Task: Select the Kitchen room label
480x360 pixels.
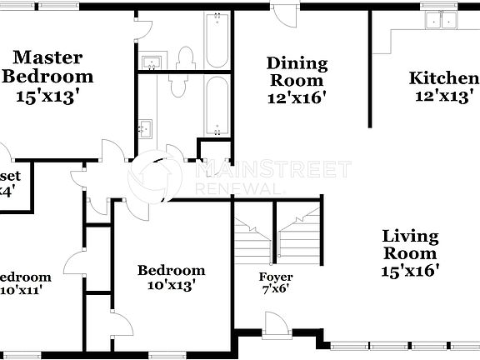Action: pyautogui.click(x=442, y=79)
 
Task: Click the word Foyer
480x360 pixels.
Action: pyautogui.click(x=275, y=277)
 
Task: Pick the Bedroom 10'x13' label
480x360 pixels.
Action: pyautogui.click(x=171, y=270)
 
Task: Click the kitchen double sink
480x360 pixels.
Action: pyautogui.click(x=442, y=21)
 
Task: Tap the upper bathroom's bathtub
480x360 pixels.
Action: pyautogui.click(x=217, y=40)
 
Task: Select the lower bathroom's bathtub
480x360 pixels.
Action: pyautogui.click(x=217, y=106)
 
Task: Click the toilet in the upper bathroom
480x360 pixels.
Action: pyautogui.click(x=186, y=57)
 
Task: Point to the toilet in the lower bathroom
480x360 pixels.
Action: pyautogui.click(x=178, y=84)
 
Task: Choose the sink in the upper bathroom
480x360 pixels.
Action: pyautogui.click(x=152, y=63)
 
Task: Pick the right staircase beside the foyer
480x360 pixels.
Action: pyautogui.click(x=299, y=234)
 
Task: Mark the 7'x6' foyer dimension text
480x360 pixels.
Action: pyautogui.click(x=275, y=290)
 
